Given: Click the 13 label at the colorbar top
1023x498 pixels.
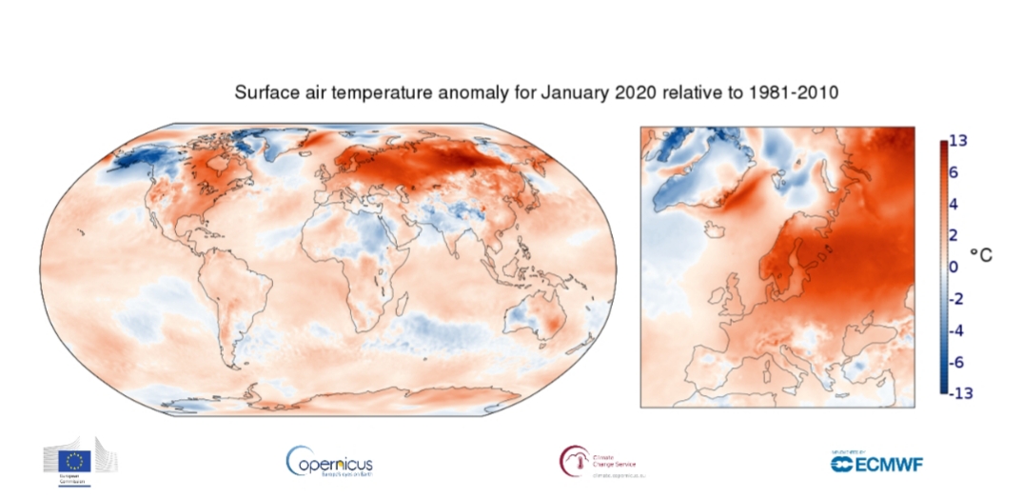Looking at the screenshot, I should [x=958, y=141].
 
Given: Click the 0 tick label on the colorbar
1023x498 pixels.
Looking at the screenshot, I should [x=954, y=267].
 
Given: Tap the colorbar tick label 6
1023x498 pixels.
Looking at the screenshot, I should [x=954, y=172].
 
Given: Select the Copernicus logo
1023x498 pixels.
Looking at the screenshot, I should [x=329, y=463].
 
